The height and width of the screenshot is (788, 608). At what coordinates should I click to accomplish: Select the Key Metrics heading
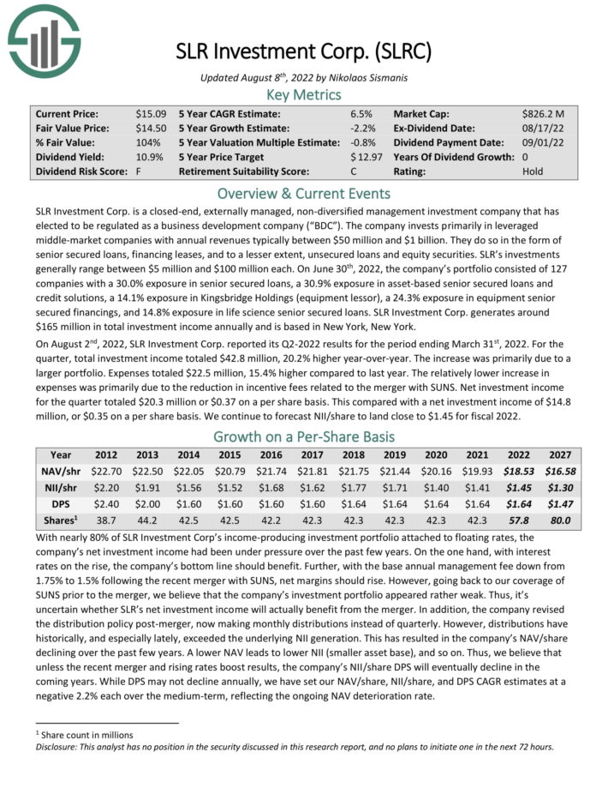point(303,94)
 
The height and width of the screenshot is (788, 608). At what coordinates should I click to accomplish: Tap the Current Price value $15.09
point(151,113)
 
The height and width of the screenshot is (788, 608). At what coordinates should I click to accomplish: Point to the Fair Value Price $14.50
point(151,128)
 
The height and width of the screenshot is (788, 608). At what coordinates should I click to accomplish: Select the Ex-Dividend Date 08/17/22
point(543,128)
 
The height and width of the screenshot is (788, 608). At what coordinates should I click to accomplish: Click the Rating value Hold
point(533,171)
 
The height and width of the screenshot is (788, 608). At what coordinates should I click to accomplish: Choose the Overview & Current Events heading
point(303,193)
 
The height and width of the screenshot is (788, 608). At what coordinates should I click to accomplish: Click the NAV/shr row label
point(61,472)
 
